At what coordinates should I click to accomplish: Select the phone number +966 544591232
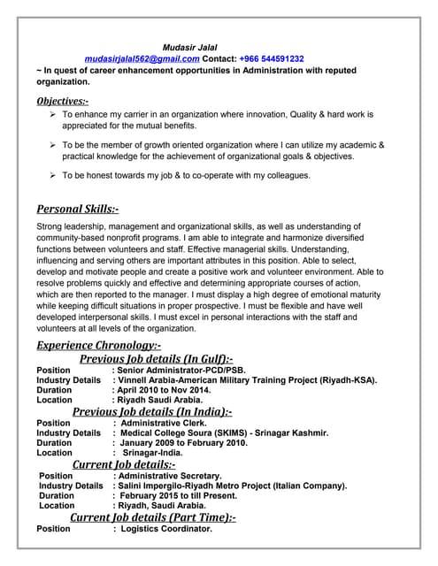[272, 58]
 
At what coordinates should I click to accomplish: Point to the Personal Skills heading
[77, 210]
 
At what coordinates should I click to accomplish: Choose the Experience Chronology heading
[98, 346]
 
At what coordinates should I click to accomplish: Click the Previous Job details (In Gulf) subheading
[157, 359]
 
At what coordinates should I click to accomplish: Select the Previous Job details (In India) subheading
[152, 411]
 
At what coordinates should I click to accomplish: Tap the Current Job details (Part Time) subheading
[152, 516]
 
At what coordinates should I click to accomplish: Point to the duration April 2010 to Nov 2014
[164, 390]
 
